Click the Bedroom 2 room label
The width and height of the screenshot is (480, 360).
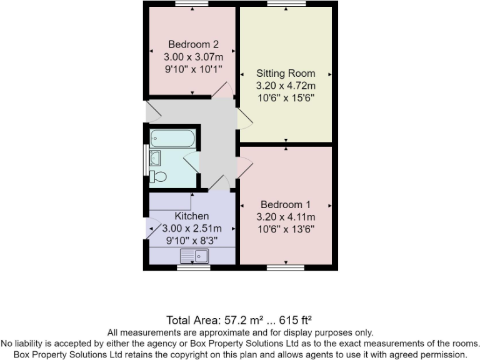(x=193, y=44)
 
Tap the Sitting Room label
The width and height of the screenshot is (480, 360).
(x=286, y=73)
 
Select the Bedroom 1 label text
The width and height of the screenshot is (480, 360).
(x=286, y=204)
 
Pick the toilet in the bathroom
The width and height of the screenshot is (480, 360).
(x=158, y=176)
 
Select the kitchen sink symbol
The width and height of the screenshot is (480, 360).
(x=194, y=255)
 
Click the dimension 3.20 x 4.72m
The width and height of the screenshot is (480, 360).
(x=286, y=86)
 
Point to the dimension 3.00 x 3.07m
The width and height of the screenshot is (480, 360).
(x=193, y=57)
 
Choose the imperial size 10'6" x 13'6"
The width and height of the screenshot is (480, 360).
(x=286, y=229)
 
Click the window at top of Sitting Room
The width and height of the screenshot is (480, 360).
(x=286, y=4)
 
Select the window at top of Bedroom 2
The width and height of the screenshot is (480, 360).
(x=191, y=4)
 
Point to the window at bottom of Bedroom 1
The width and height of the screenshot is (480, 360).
(x=286, y=267)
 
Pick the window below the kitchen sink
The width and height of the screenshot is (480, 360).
(x=193, y=267)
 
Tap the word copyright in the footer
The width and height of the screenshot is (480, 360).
(x=222, y=354)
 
